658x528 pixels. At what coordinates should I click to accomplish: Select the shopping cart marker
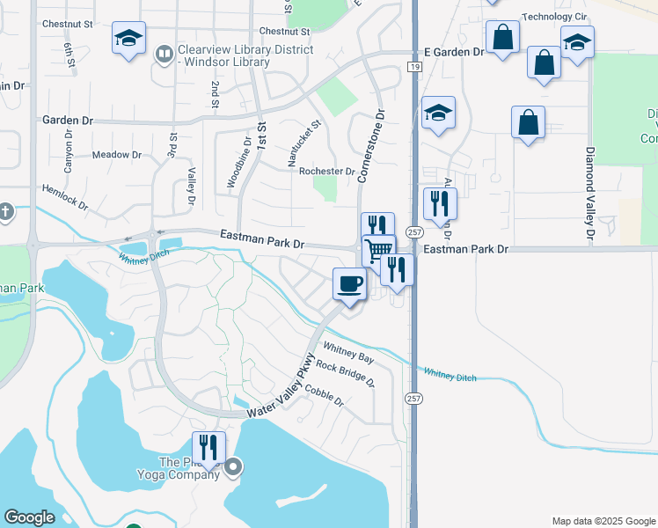point(378,250)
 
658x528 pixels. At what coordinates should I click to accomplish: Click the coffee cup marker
point(349,284)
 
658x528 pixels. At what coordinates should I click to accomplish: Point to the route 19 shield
point(413,66)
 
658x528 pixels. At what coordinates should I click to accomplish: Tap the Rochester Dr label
point(326,171)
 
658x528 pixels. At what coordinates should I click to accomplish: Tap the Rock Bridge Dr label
point(345,375)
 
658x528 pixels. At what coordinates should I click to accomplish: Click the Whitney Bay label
point(348,353)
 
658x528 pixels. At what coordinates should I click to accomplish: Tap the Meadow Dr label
point(116,155)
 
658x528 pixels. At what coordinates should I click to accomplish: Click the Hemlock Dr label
point(64,198)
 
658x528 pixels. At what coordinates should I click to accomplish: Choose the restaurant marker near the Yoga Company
point(208,447)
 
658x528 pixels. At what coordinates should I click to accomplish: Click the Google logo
point(30,517)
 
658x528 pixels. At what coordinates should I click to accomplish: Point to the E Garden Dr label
point(454,53)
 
